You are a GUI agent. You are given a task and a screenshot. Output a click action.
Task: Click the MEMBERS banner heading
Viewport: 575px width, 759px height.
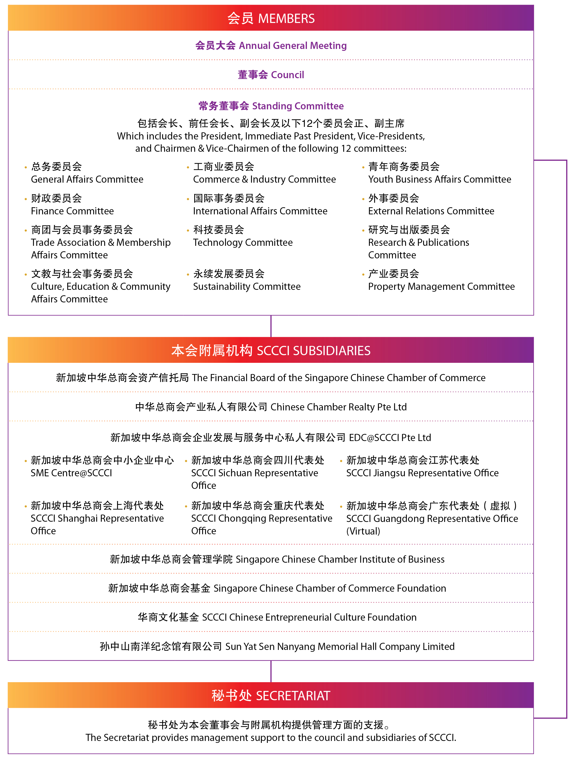click(x=271, y=18)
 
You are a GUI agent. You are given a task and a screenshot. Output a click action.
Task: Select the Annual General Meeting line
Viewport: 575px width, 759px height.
click(x=271, y=45)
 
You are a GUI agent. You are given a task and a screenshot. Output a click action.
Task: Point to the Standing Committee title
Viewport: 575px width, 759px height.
click(x=271, y=106)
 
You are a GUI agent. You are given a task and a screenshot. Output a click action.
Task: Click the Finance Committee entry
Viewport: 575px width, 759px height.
click(x=72, y=211)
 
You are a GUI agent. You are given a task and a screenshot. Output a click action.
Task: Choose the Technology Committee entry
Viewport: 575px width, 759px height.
click(x=243, y=242)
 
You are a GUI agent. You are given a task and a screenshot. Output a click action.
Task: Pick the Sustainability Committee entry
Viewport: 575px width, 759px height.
click(x=246, y=286)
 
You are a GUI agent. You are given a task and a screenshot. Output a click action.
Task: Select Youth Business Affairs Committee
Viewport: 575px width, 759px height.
click(x=439, y=179)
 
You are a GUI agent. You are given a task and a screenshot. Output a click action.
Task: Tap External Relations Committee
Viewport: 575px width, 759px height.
click(x=431, y=211)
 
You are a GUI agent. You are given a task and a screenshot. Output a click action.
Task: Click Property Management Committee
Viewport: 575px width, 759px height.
click(x=441, y=286)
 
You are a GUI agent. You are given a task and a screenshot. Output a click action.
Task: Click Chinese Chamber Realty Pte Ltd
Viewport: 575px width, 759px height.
click(x=271, y=407)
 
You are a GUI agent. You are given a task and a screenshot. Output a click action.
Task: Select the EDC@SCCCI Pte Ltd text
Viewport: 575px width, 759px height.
click(x=390, y=437)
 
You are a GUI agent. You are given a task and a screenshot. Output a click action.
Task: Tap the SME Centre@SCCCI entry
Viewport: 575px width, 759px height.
click(x=71, y=473)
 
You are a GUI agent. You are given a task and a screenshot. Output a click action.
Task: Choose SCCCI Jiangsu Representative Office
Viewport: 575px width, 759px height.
click(x=422, y=473)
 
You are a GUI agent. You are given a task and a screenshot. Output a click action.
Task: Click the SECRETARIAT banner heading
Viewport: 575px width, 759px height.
click(x=271, y=696)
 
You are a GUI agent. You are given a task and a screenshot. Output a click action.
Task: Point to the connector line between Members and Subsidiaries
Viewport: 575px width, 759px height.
click(x=271, y=326)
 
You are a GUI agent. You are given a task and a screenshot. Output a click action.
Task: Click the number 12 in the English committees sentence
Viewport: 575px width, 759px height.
click(x=346, y=148)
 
